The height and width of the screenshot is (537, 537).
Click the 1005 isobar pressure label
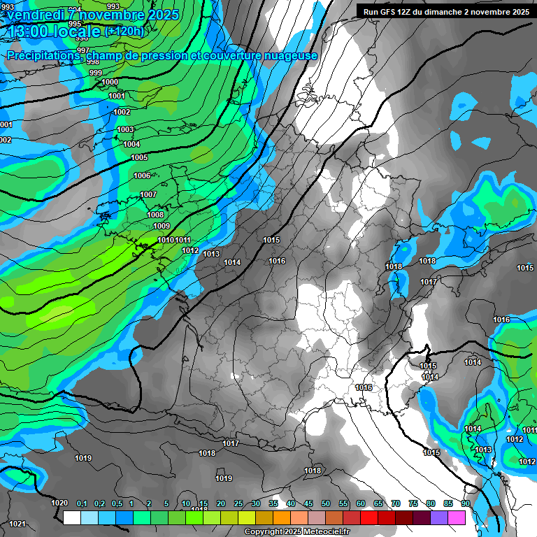(139, 158)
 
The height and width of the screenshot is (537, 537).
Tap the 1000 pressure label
(110, 83)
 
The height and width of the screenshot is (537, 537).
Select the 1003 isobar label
(125, 130)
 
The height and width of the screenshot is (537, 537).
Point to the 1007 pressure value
(148, 195)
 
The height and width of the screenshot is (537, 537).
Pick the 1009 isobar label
(162, 227)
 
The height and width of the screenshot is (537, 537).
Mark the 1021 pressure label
(17, 524)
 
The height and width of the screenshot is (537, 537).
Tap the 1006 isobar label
(142, 176)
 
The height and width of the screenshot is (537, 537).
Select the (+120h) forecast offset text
(124, 31)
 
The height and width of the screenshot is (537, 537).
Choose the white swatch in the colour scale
(71, 517)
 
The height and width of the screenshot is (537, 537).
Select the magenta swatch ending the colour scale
(457, 517)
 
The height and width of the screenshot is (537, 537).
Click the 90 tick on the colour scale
(465, 504)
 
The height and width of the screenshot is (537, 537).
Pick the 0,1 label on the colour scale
(82, 504)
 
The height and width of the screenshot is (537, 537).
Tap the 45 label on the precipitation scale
(308, 504)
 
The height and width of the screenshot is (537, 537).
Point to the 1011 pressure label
(183, 241)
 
